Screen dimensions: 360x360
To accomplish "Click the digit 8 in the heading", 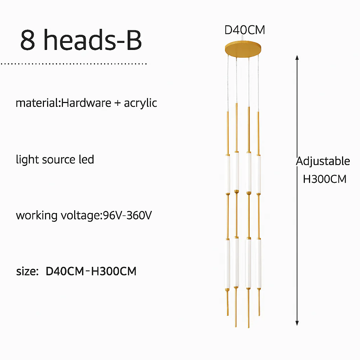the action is pyautogui.click(x=27, y=40).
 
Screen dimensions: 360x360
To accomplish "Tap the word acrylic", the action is pyautogui.click(x=141, y=103).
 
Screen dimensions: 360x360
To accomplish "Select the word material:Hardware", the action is pyautogui.click(x=63, y=103).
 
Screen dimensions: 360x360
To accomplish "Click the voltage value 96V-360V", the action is pyautogui.click(x=127, y=216).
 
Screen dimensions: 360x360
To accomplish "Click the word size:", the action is pyautogui.click(x=27, y=271).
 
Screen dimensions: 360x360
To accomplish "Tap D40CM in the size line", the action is pyautogui.click(x=65, y=271).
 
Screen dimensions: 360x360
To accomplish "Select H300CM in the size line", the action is pyautogui.click(x=114, y=271).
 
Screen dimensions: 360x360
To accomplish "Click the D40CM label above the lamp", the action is pyautogui.click(x=245, y=30).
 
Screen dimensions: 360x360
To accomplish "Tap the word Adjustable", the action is pyautogui.click(x=323, y=161).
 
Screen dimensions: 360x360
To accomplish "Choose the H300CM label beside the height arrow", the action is pyautogui.click(x=324, y=179).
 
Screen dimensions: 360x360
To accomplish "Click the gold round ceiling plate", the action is pyautogui.click(x=243, y=49).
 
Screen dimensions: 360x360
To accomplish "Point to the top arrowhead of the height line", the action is pyautogui.click(x=297, y=57).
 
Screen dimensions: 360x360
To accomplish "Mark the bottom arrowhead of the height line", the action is pyautogui.click(x=297, y=323).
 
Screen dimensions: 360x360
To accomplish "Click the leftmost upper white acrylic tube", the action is pyautogui.click(x=227, y=174).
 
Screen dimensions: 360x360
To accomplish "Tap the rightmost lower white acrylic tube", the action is pyautogui.click(x=259, y=263).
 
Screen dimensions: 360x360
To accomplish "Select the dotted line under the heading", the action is pyautogui.click(x=74, y=64).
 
